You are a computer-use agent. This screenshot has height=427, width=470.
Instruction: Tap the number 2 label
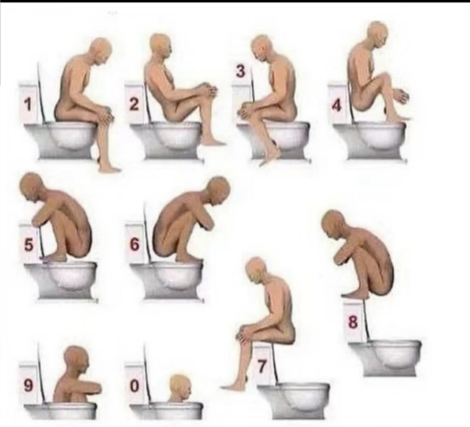[x=134, y=104]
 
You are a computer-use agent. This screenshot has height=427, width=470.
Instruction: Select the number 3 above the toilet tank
[x=240, y=71]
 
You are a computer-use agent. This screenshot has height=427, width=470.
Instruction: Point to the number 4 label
[x=336, y=105]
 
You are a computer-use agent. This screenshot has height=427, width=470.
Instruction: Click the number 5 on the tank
[x=28, y=244]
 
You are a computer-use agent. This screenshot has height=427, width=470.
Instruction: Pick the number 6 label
[x=134, y=244]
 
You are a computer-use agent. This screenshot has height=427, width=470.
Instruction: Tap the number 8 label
[x=353, y=322]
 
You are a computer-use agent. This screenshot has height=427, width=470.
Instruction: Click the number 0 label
[x=134, y=386]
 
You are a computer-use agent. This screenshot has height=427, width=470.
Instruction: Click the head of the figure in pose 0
[x=180, y=385]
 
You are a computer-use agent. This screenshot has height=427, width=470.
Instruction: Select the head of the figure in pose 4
[x=378, y=34]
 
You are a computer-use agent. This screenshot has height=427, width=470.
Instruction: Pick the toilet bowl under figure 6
[x=167, y=279]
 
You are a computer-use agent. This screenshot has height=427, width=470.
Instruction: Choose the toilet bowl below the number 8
[x=385, y=357]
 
